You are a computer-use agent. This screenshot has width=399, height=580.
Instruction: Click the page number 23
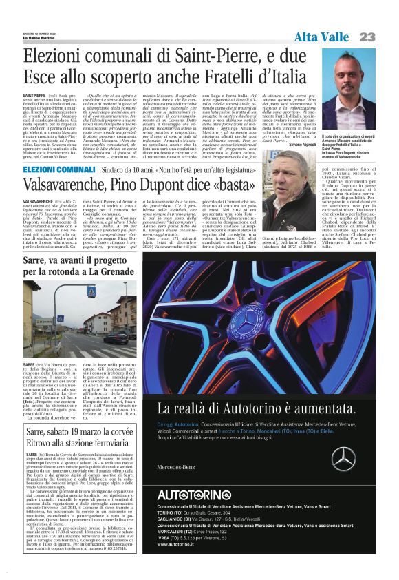click(367, 37)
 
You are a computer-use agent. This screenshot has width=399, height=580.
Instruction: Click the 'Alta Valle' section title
click(321, 37)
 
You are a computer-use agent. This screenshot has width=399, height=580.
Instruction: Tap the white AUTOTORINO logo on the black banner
click(193, 514)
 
